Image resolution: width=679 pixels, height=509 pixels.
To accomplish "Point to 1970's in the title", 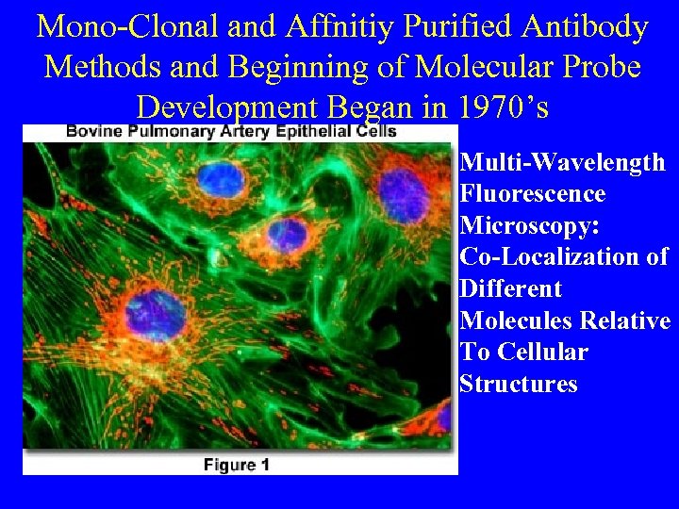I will click(x=501, y=107).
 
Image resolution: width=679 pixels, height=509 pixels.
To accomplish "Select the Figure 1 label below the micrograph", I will click(x=237, y=464).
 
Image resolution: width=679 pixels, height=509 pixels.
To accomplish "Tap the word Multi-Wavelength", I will click(x=562, y=163).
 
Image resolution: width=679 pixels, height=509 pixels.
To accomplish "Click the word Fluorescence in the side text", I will click(x=532, y=194).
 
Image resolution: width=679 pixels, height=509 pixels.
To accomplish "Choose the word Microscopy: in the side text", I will click(x=527, y=226).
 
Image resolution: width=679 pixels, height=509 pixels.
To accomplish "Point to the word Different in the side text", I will click(x=510, y=288).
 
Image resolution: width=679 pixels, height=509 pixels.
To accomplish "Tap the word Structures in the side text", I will click(x=518, y=384).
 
